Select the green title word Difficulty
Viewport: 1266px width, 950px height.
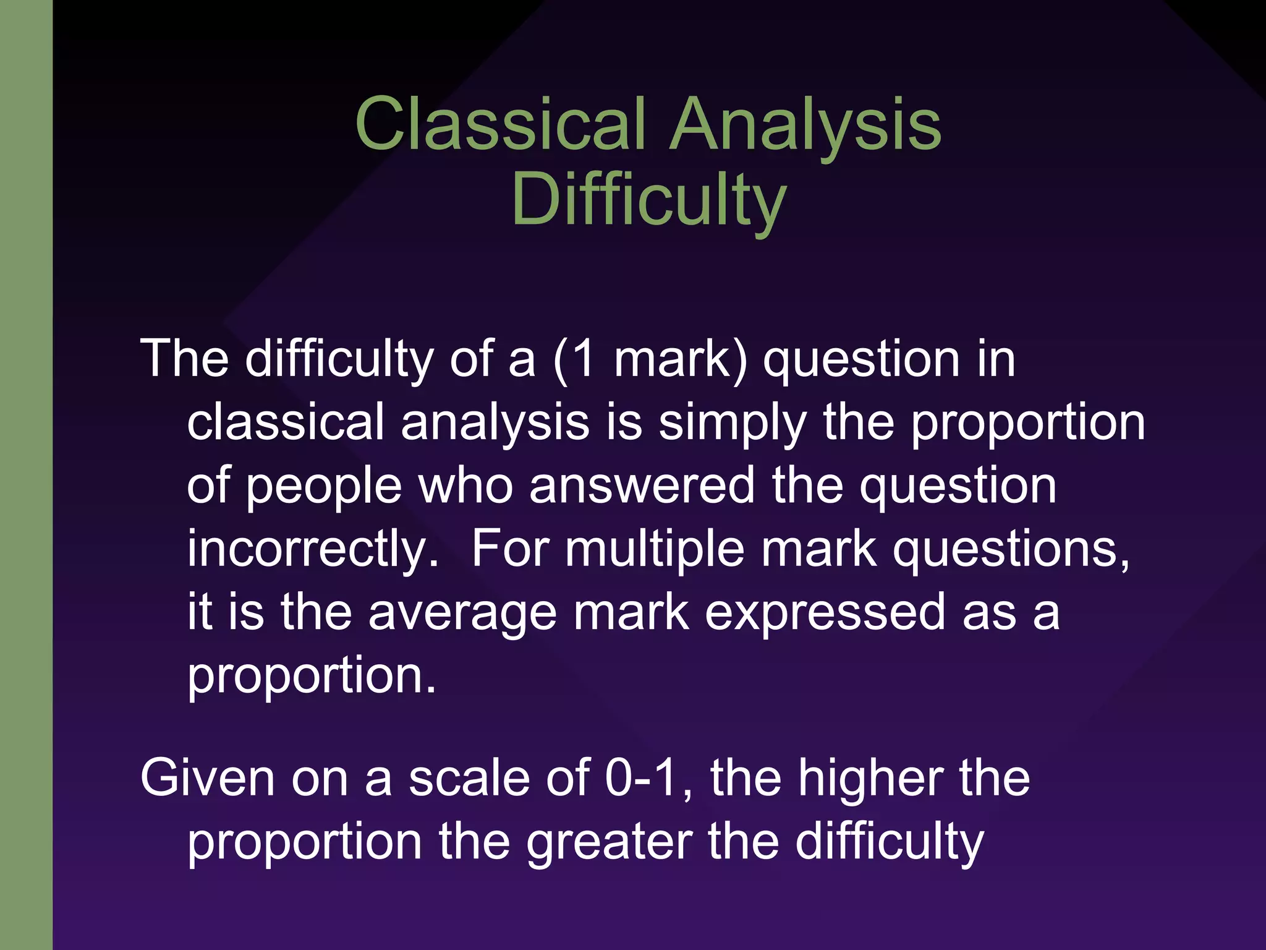coord(648,200)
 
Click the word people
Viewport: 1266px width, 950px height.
coord(325,486)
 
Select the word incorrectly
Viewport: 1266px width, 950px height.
coord(313,549)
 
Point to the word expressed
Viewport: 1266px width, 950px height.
coord(825,612)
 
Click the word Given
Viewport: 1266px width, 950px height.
coord(207,778)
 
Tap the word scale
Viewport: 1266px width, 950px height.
coord(469,778)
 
